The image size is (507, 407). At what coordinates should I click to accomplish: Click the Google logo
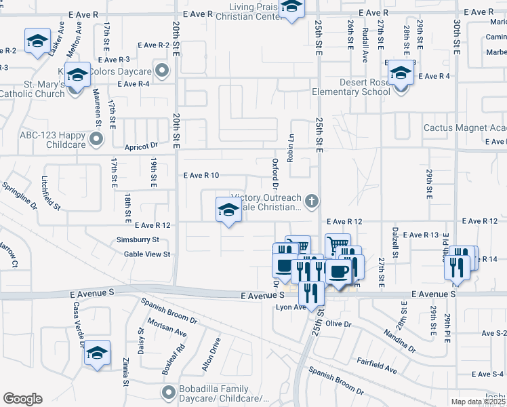[22, 399]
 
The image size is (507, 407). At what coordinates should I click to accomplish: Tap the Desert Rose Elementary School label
[350, 88]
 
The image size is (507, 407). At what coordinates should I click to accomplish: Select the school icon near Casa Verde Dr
[97, 353]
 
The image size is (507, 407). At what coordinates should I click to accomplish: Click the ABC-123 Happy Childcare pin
[96, 140]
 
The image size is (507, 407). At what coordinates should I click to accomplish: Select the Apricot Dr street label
[141, 145]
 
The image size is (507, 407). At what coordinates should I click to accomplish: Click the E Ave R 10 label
[201, 175]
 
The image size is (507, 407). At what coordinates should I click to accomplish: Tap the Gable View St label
[146, 254]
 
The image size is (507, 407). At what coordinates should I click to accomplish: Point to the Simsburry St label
[138, 239]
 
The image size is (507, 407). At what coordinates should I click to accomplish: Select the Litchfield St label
[51, 193]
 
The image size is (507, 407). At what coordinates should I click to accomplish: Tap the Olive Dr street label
[338, 324]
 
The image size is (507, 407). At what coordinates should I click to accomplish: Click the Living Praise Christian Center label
[255, 12]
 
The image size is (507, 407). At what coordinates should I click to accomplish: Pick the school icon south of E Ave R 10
[228, 210]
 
